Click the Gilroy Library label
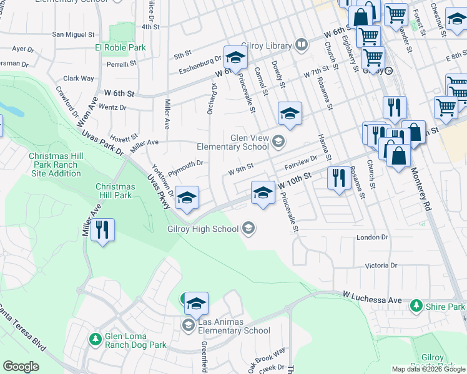click(x=267, y=46)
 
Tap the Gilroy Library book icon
click(x=301, y=45)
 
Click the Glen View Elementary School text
click(x=233, y=143)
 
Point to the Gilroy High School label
click(x=203, y=229)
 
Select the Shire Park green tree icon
click(x=416, y=306)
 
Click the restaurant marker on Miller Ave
click(x=102, y=229)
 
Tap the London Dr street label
click(x=372, y=237)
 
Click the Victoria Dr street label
click(x=381, y=265)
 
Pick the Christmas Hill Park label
click(x=114, y=191)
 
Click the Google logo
click(x=21, y=367)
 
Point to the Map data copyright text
click(x=428, y=369)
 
